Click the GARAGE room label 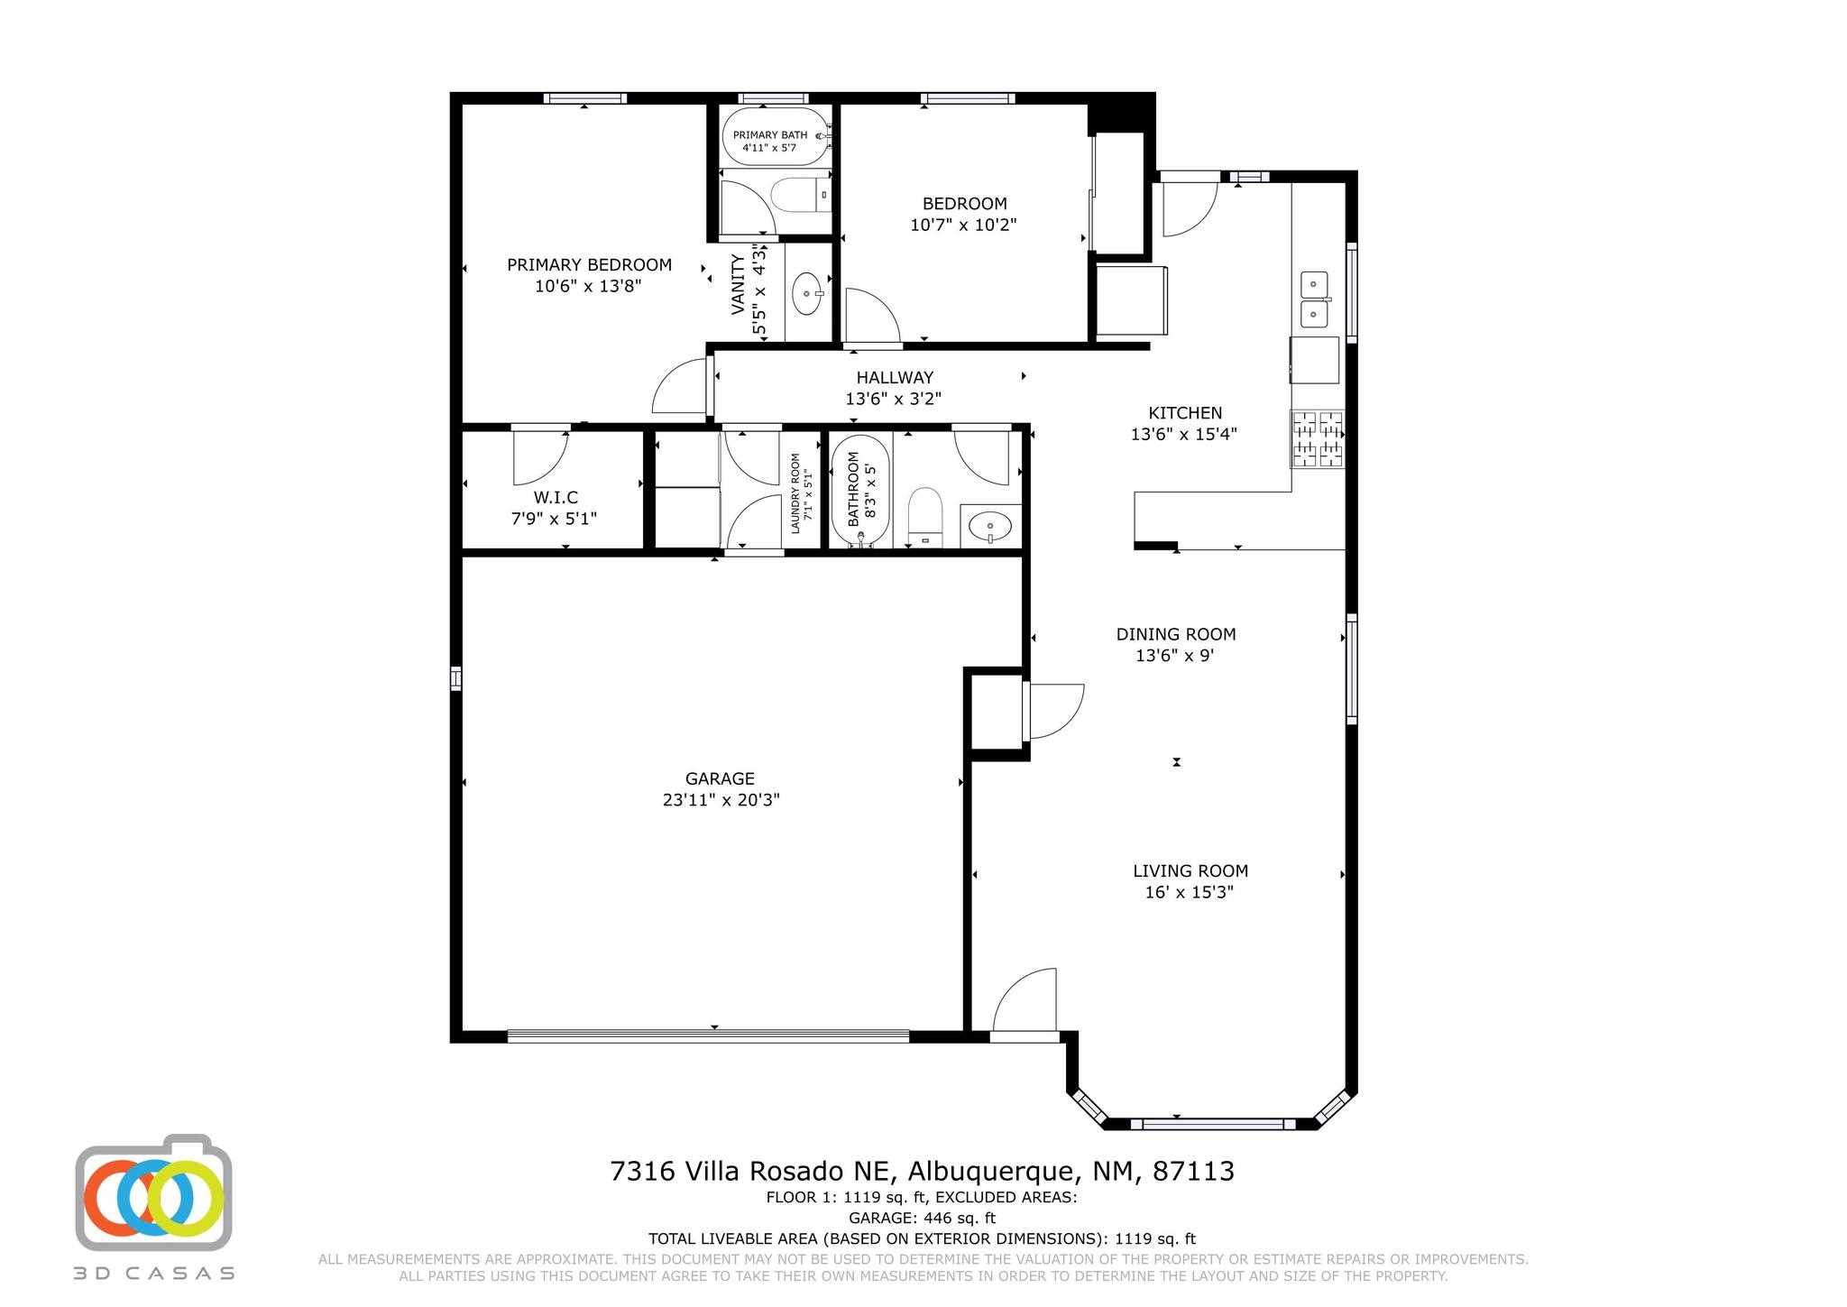tap(720, 778)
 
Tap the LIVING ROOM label tap(1190, 870)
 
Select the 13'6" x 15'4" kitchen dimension tap(1184, 434)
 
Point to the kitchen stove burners tap(1318, 439)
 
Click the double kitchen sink tap(1315, 299)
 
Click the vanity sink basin tap(806, 294)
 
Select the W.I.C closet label tap(556, 497)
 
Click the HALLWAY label tap(895, 377)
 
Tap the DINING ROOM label tap(1176, 634)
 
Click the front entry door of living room tap(1025, 1000)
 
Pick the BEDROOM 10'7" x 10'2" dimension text tap(963, 225)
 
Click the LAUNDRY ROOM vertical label tap(795, 493)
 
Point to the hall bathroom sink tap(991, 526)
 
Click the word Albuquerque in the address tap(992, 1172)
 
